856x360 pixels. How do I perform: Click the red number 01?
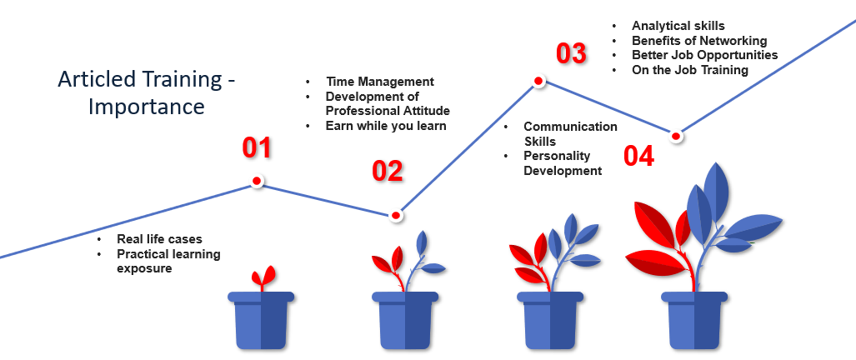(257, 147)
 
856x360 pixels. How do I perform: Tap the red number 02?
(387, 172)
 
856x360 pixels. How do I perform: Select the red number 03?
(571, 53)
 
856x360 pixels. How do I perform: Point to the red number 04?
(638, 156)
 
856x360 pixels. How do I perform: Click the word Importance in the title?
(147, 107)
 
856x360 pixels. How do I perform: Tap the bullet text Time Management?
(380, 82)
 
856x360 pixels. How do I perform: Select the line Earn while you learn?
(386, 126)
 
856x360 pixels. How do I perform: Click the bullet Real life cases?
(159, 239)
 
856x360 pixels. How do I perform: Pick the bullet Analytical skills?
(678, 26)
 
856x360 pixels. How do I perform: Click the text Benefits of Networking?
(699, 40)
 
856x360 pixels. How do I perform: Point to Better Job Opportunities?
(705, 55)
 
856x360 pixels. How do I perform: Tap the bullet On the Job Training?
(690, 70)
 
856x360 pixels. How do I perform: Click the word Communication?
(570, 127)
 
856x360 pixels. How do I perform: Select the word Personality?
(557, 156)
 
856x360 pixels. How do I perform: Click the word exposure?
(144, 269)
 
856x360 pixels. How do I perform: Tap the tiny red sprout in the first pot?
(263, 278)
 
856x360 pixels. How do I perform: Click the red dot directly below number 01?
(257, 181)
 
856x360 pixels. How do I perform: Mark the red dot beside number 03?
(538, 82)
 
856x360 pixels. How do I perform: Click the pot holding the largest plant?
(694, 320)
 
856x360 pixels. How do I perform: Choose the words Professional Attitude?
(388, 112)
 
